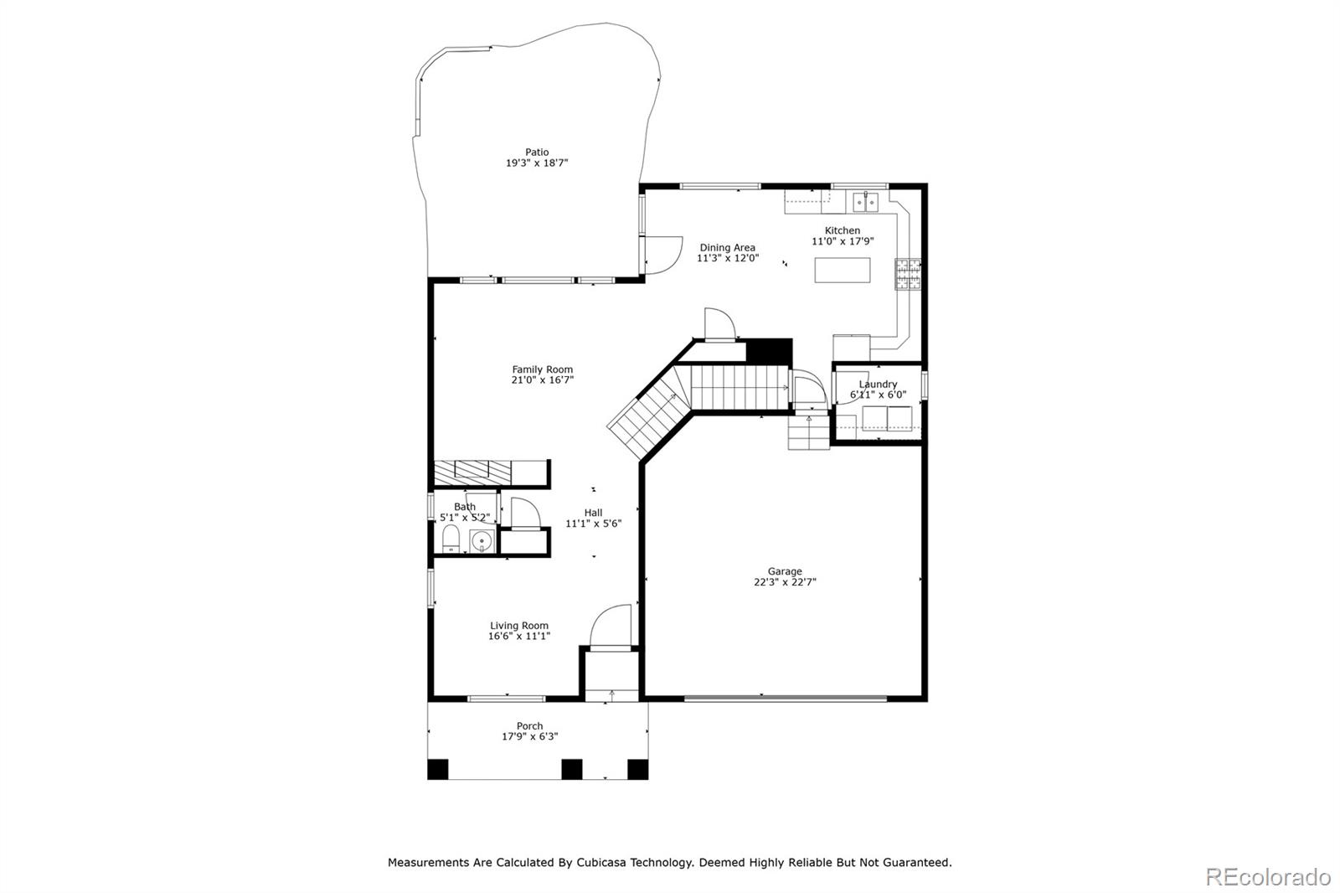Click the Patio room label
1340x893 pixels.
pyautogui.click(x=537, y=152)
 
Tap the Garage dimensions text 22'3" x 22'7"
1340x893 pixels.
pyautogui.click(x=785, y=581)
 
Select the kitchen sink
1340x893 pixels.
pyautogui.click(x=866, y=202)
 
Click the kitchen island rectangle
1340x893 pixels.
pyautogui.click(x=843, y=270)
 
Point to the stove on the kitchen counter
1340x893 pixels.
pyautogui.click(x=908, y=274)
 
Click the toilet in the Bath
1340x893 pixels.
pyautogui.click(x=451, y=539)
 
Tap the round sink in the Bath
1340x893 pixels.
pyautogui.click(x=481, y=542)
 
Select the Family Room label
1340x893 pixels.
pyautogui.click(x=542, y=369)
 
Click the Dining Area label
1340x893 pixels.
pyautogui.click(x=728, y=247)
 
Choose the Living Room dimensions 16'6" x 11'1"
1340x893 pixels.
pyautogui.click(x=518, y=636)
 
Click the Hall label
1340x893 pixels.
pyautogui.click(x=594, y=513)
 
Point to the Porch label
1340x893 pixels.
pyautogui.click(x=529, y=726)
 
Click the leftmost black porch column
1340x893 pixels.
pyautogui.click(x=438, y=769)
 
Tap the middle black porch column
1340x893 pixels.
pyautogui.click(x=572, y=769)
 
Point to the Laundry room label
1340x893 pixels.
pyautogui.click(x=879, y=385)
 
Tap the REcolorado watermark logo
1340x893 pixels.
pyautogui.click(x=1268, y=877)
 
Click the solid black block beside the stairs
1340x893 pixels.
pyautogui.click(x=770, y=351)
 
